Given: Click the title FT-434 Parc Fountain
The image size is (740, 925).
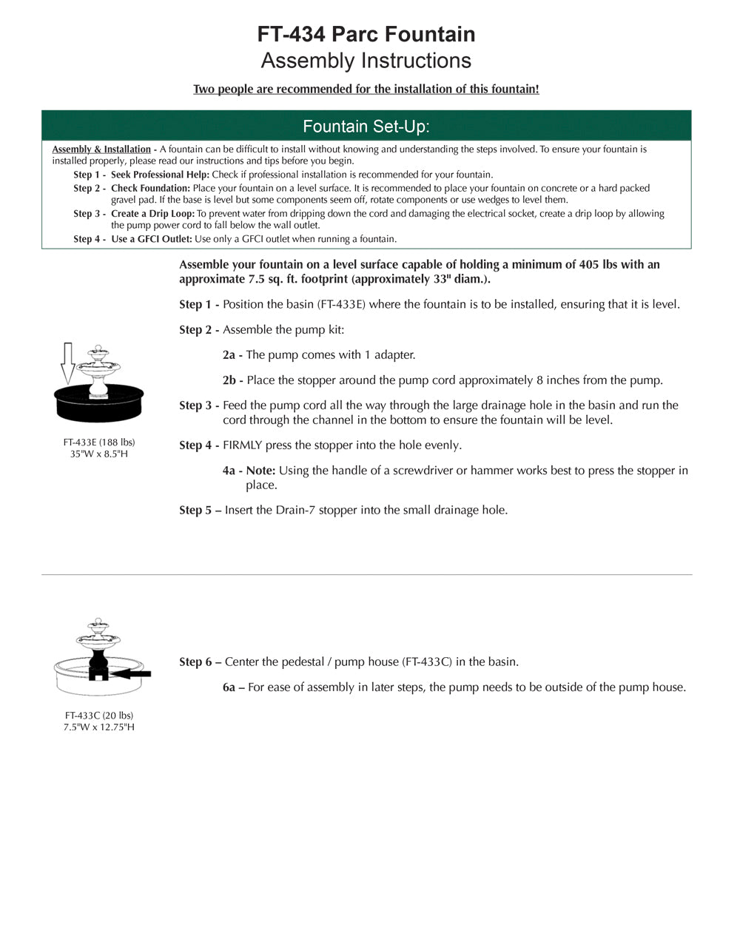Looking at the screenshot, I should coord(366,34).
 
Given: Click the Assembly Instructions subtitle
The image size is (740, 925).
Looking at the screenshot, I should coord(366,61).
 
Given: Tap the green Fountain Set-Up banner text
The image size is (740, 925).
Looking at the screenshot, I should coord(366,127).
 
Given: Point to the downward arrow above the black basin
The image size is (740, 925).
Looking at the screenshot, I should coord(68,363).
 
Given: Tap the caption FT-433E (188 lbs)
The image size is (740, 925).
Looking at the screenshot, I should coord(99,443).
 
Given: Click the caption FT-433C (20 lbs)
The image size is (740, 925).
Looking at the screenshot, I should coord(99,716).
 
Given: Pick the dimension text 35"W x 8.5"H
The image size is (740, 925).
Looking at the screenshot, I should coord(99,454).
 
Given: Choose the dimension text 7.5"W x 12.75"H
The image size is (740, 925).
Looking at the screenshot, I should coord(99,727).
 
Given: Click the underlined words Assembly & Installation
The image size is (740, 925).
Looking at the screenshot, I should coord(101,149).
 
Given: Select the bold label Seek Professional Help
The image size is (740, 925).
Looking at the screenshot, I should coord(160,175).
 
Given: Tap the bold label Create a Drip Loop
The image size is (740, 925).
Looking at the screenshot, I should coord(153,214).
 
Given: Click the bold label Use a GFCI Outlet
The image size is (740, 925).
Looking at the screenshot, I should coord(152,239).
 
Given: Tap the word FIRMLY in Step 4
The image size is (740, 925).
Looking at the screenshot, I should coord(242,445).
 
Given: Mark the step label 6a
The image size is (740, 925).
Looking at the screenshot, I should coord(230,687).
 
